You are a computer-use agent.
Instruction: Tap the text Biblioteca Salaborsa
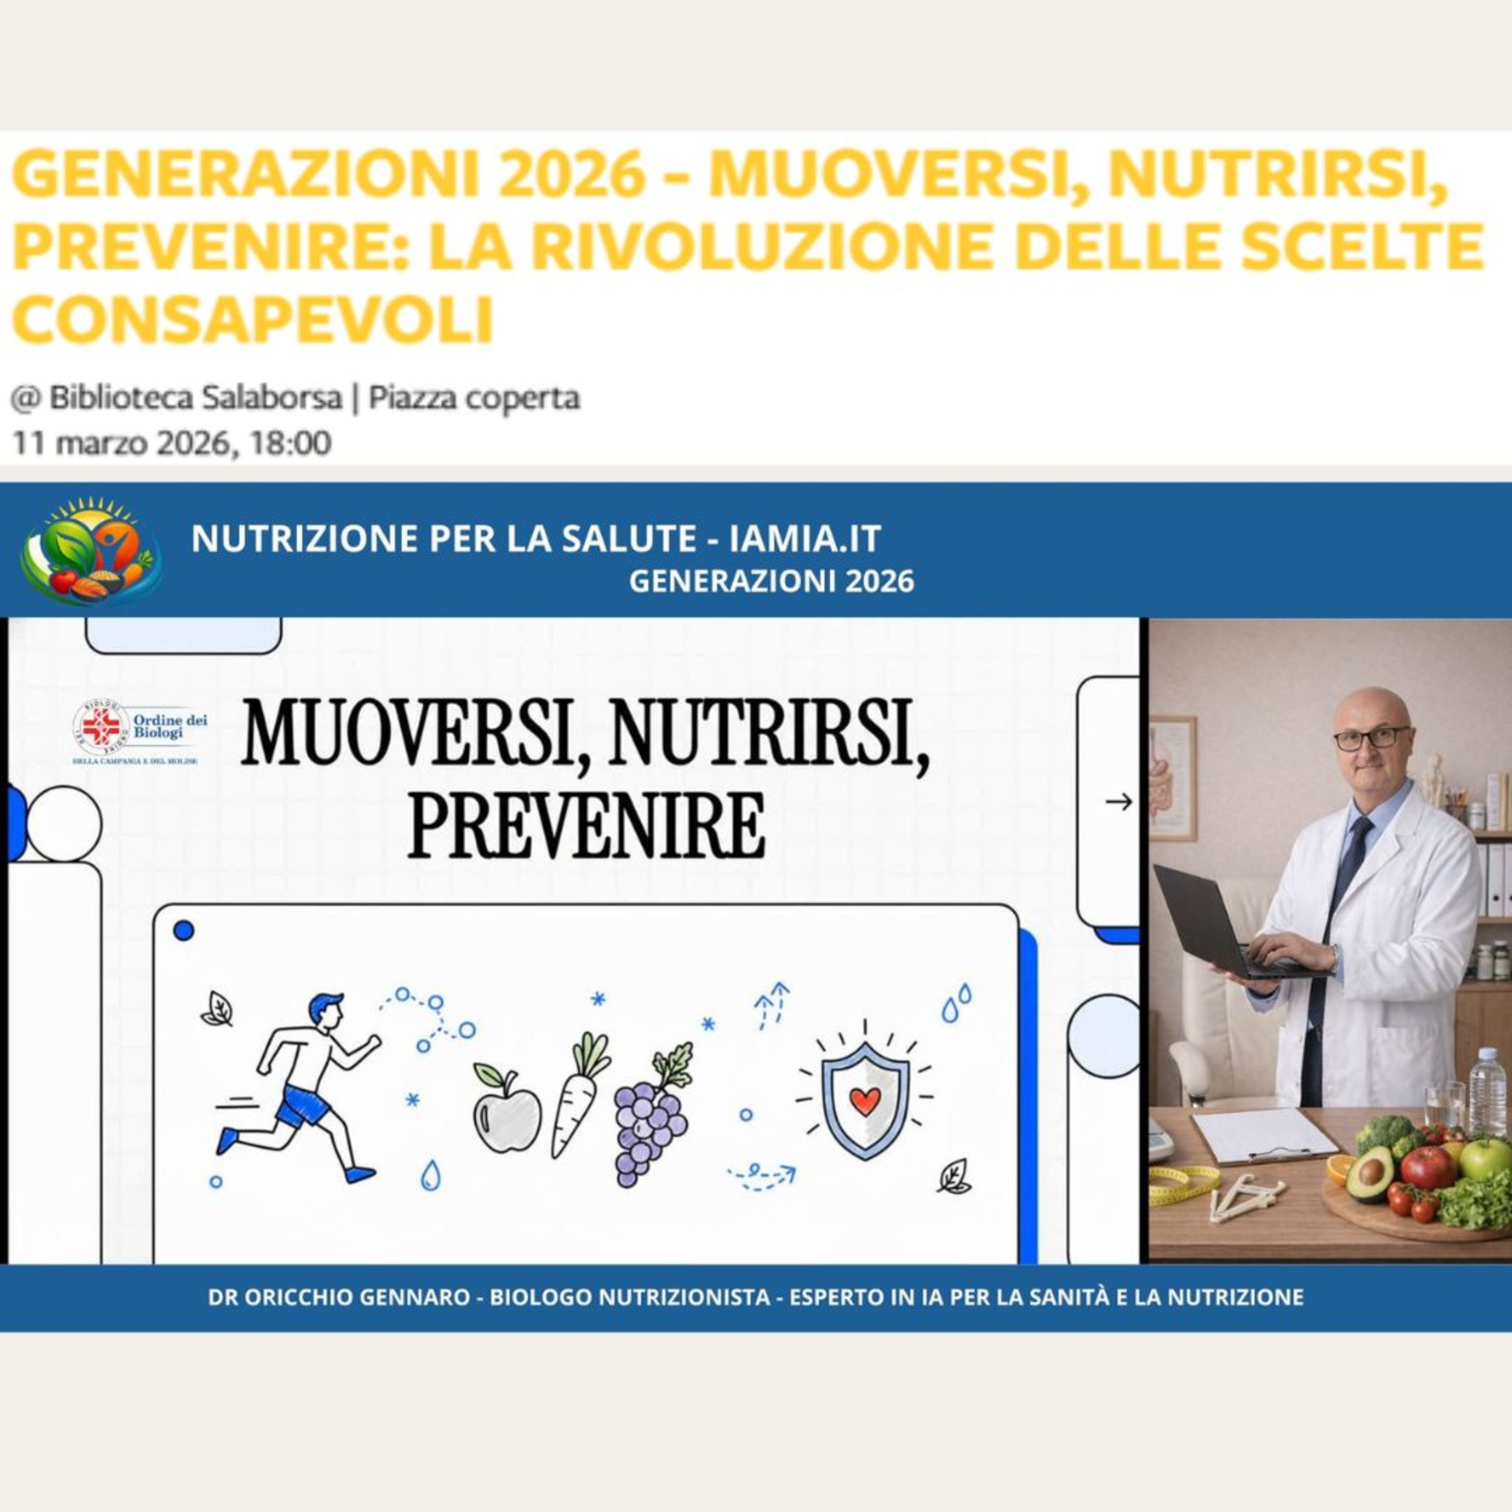click(x=196, y=398)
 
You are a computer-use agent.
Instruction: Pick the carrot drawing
click(x=578, y=1094)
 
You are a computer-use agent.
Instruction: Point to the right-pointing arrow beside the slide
click(x=1119, y=801)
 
